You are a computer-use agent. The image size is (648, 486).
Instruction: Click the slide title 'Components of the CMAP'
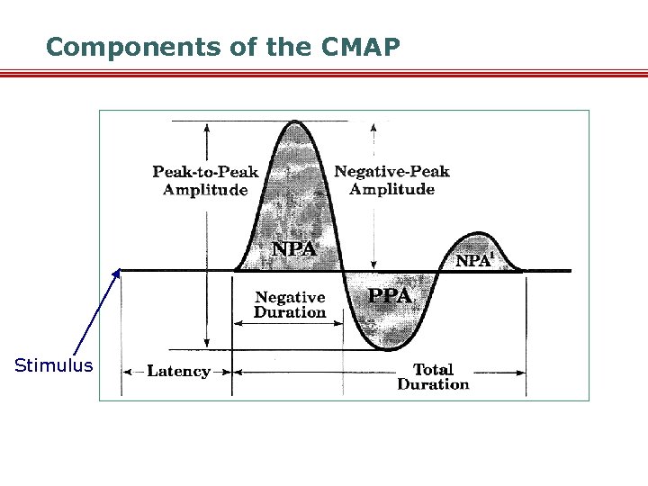point(222,47)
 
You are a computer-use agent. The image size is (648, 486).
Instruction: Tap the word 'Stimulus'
point(54,365)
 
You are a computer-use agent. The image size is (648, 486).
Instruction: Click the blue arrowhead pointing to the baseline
point(118,273)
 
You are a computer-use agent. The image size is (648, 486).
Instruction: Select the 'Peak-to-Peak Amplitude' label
point(205,180)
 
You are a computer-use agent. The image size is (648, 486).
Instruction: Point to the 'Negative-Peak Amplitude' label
point(391,180)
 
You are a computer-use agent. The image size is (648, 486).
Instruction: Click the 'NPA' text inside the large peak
point(294,249)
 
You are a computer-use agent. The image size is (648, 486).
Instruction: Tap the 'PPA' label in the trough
point(390,295)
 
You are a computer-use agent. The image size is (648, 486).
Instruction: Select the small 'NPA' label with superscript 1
point(475,260)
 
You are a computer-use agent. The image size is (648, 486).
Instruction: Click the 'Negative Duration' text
point(290,304)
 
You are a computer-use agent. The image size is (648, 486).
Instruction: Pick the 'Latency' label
point(178,371)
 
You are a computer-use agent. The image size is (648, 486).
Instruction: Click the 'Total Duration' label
point(433,376)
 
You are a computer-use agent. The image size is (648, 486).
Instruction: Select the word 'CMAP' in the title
point(360,47)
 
